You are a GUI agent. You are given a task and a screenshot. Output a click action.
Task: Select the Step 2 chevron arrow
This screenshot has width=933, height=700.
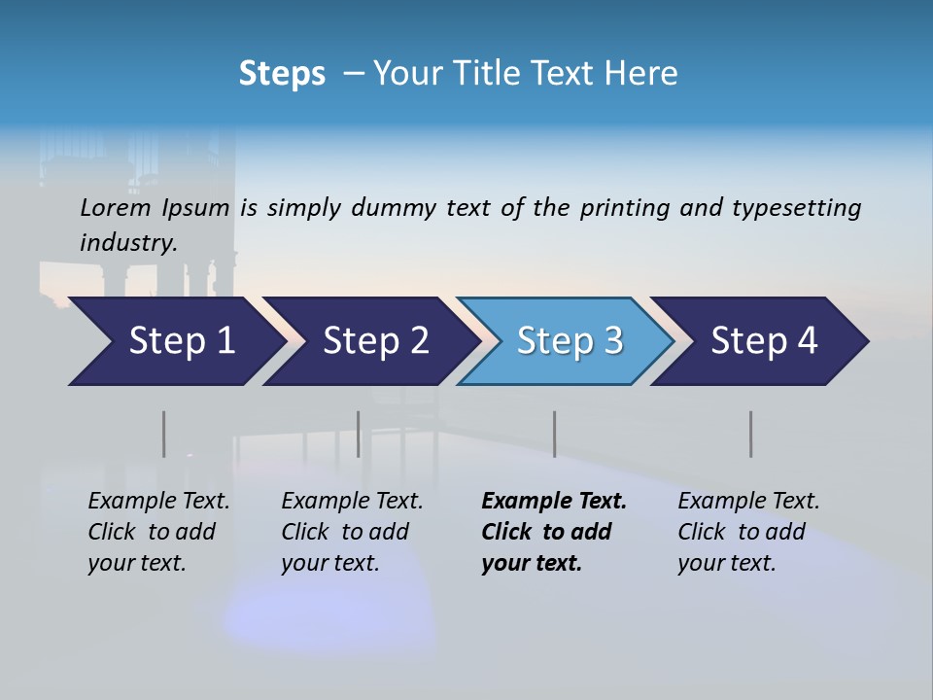point(374,341)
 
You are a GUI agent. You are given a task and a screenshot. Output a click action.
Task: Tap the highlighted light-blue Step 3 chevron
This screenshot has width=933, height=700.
point(569,341)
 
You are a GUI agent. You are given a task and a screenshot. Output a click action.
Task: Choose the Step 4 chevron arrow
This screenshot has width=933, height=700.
point(763,341)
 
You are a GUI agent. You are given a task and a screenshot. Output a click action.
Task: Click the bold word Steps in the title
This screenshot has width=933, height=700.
point(282,74)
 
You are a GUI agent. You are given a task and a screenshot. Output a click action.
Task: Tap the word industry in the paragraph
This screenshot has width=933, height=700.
point(127,242)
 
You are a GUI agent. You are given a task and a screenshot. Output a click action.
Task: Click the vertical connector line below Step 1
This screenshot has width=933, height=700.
point(163,434)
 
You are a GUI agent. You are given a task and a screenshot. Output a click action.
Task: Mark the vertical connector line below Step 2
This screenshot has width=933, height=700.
point(358,434)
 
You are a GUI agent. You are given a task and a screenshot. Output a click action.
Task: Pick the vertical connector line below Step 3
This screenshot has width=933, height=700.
point(554,434)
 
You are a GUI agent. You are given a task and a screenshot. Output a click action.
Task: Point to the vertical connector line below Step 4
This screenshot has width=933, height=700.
point(750,434)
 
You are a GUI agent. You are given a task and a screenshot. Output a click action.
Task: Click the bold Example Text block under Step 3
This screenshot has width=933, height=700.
point(553,532)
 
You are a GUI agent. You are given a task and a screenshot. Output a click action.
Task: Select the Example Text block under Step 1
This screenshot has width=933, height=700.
point(158,532)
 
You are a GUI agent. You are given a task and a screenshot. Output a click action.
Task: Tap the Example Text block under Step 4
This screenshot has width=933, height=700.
point(748,532)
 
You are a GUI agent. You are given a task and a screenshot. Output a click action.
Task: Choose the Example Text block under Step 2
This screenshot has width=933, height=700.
point(352,532)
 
